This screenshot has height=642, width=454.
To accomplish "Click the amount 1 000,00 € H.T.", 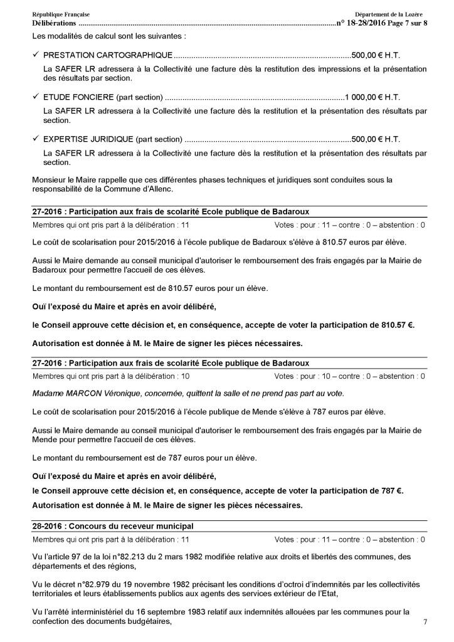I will pos(372,97).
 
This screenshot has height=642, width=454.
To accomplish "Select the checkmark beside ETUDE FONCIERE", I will pos(36,97).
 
